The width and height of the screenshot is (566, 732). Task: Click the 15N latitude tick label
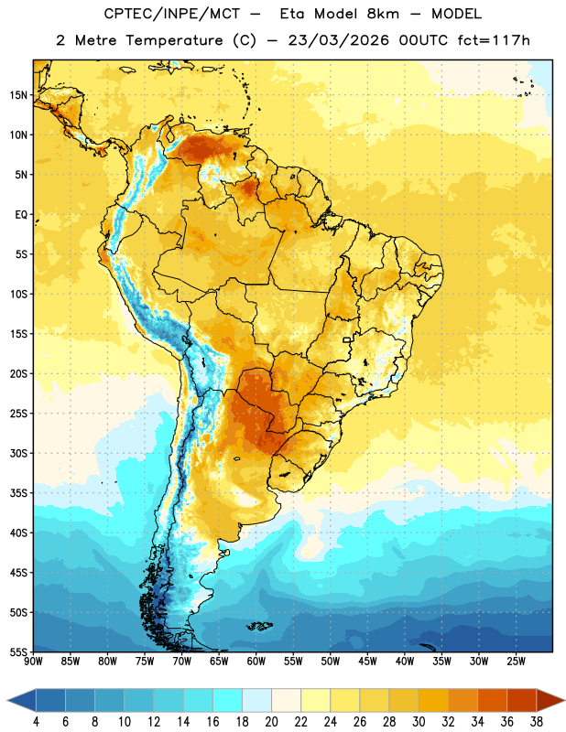pyautogui.click(x=18, y=95)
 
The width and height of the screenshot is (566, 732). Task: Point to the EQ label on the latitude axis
pyautogui.click(x=21, y=215)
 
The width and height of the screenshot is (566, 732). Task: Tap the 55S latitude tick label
pyautogui.click(x=18, y=651)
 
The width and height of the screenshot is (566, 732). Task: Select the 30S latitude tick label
pyautogui.click(x=18, y=453)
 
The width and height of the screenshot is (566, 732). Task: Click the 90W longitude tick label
pyautogui.click(x=33, y=662)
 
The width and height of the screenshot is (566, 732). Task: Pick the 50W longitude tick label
pyautogui.click(x=331, y=662)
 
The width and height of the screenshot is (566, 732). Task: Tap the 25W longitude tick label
pyautogui.click(x=516, y=662)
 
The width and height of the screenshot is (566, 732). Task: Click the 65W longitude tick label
pyautogui.click(x=219, y=662)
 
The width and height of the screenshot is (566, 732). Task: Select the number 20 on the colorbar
pyautogui.click(x=271, y=722)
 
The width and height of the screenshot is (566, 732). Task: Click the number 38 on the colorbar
pyautogui.click(x=537, y=722)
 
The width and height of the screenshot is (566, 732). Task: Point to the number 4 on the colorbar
pyautogui.click(x=36, y=722)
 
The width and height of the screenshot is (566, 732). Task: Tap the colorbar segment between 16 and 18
pyautogui.click(x=228, y=700)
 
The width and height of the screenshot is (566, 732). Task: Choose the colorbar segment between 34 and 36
pyautogui.click(x=492, y=700)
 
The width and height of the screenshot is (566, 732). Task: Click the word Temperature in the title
pyautogui.click(x=174, y=40)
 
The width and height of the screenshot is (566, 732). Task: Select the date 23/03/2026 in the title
pyautogui.click(x=338, y=40)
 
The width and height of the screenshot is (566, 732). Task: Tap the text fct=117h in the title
pyautogui.click(x=494, y=40)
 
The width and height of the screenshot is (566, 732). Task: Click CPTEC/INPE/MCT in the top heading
pyautogui.click(x=172, y=14)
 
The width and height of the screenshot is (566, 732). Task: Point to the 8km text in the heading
pyautogui.click(x=383, y=14)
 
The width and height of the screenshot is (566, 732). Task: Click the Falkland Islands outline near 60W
pyautogui.click(x=259, y=626)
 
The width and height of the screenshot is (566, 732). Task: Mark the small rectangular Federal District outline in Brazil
pyautogui.click(x=347, y=339)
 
